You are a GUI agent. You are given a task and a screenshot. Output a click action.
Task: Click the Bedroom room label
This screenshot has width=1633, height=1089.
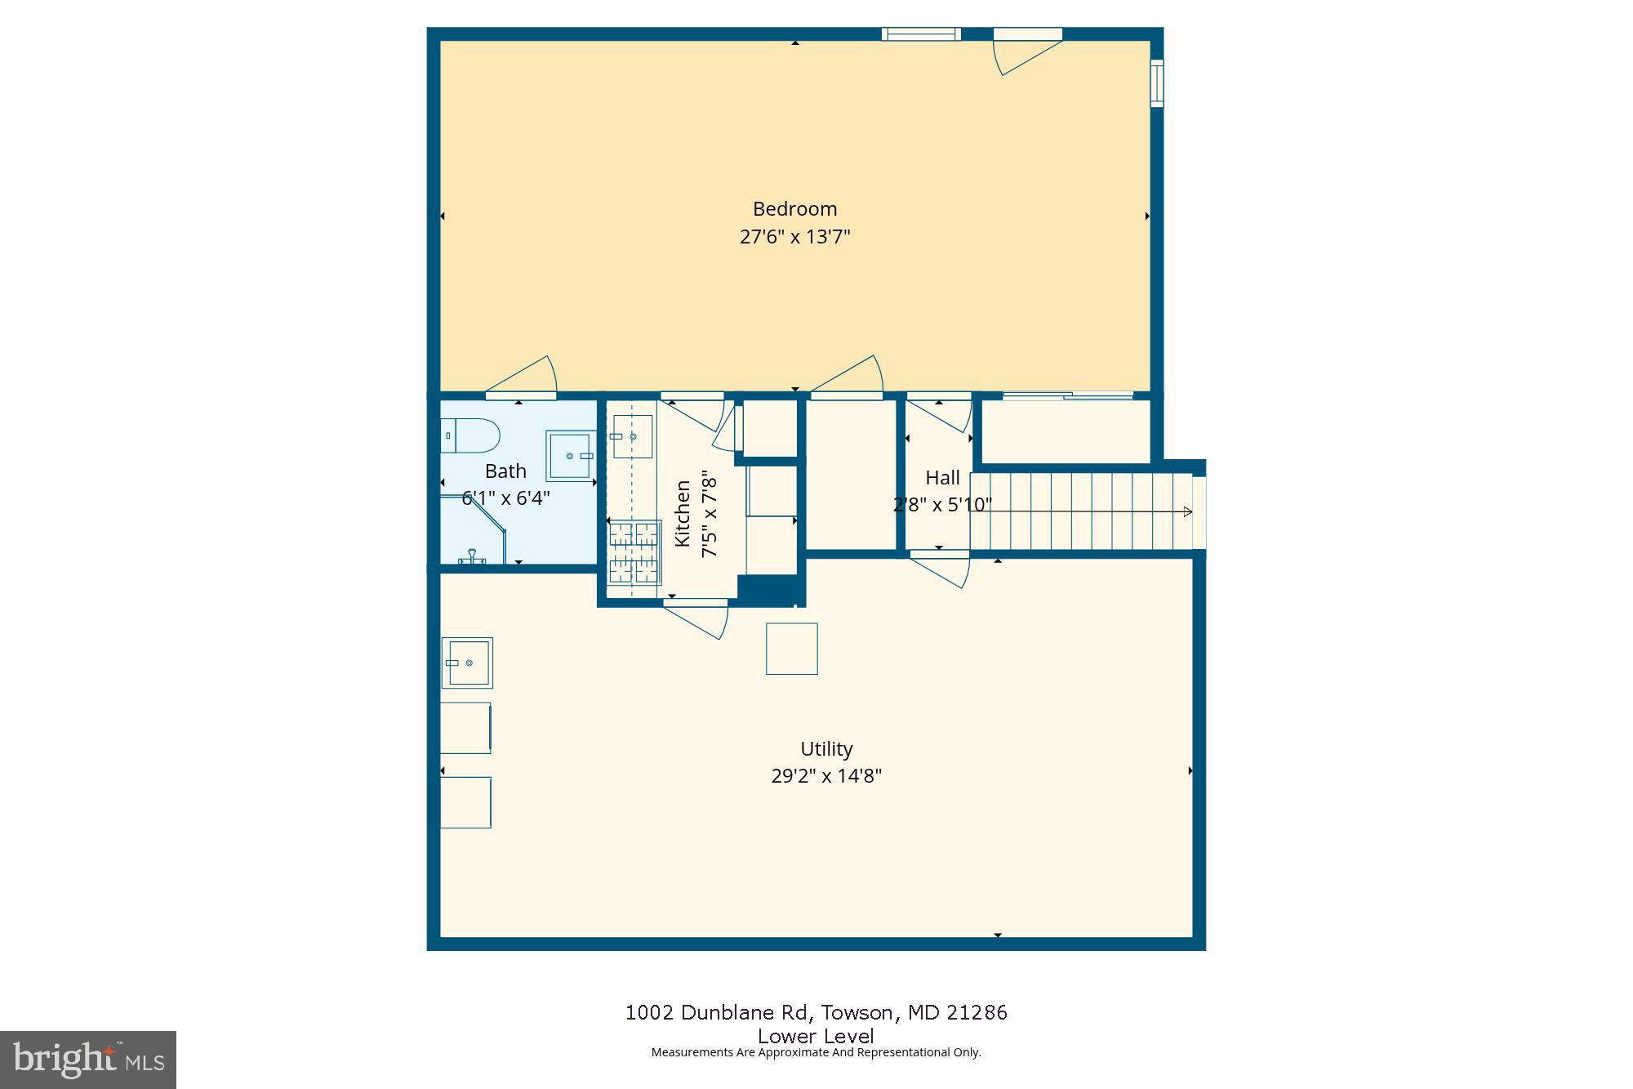[x=794, y=209]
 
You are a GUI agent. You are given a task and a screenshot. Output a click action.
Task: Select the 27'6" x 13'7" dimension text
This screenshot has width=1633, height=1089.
[x=794, y=237]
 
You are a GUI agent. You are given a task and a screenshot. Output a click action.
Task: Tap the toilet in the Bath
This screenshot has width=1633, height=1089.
[x=470, y=435]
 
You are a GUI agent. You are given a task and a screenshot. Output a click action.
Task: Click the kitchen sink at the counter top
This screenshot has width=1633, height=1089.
[x=633, y=436]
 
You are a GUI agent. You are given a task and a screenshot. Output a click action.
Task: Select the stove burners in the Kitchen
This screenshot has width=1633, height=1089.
[x=634, y=553]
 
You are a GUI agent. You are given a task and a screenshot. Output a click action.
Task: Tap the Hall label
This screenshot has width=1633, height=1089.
[x=942, y=478]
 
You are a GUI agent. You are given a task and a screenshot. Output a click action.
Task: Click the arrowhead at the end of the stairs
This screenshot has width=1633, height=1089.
[x=1188, y=512]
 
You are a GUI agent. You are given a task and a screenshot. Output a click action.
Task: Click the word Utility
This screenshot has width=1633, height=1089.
[x=826, y=749]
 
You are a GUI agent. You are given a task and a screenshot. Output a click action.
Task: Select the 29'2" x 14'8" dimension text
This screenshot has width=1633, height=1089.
[x=826, y=776]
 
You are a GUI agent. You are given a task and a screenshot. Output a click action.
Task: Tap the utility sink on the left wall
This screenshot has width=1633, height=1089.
[x=467, y=663]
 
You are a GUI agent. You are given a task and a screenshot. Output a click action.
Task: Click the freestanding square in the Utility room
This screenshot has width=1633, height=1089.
[x=791, y=649]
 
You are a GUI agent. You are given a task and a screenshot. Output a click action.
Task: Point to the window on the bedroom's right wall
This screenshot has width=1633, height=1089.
[x=1157, y=83]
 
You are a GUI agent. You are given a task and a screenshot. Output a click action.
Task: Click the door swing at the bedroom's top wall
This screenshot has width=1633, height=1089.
[x=1026, y=52]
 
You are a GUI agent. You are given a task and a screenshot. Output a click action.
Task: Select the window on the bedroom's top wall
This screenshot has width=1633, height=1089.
[x=921, y=34]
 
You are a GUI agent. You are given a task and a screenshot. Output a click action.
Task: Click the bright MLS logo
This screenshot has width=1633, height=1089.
[x=88, y=1060]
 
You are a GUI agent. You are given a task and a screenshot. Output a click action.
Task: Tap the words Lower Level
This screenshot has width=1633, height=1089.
[x=816, y=1036]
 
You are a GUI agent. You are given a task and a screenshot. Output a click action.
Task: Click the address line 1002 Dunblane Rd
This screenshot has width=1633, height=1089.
[x=816, y=1013]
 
